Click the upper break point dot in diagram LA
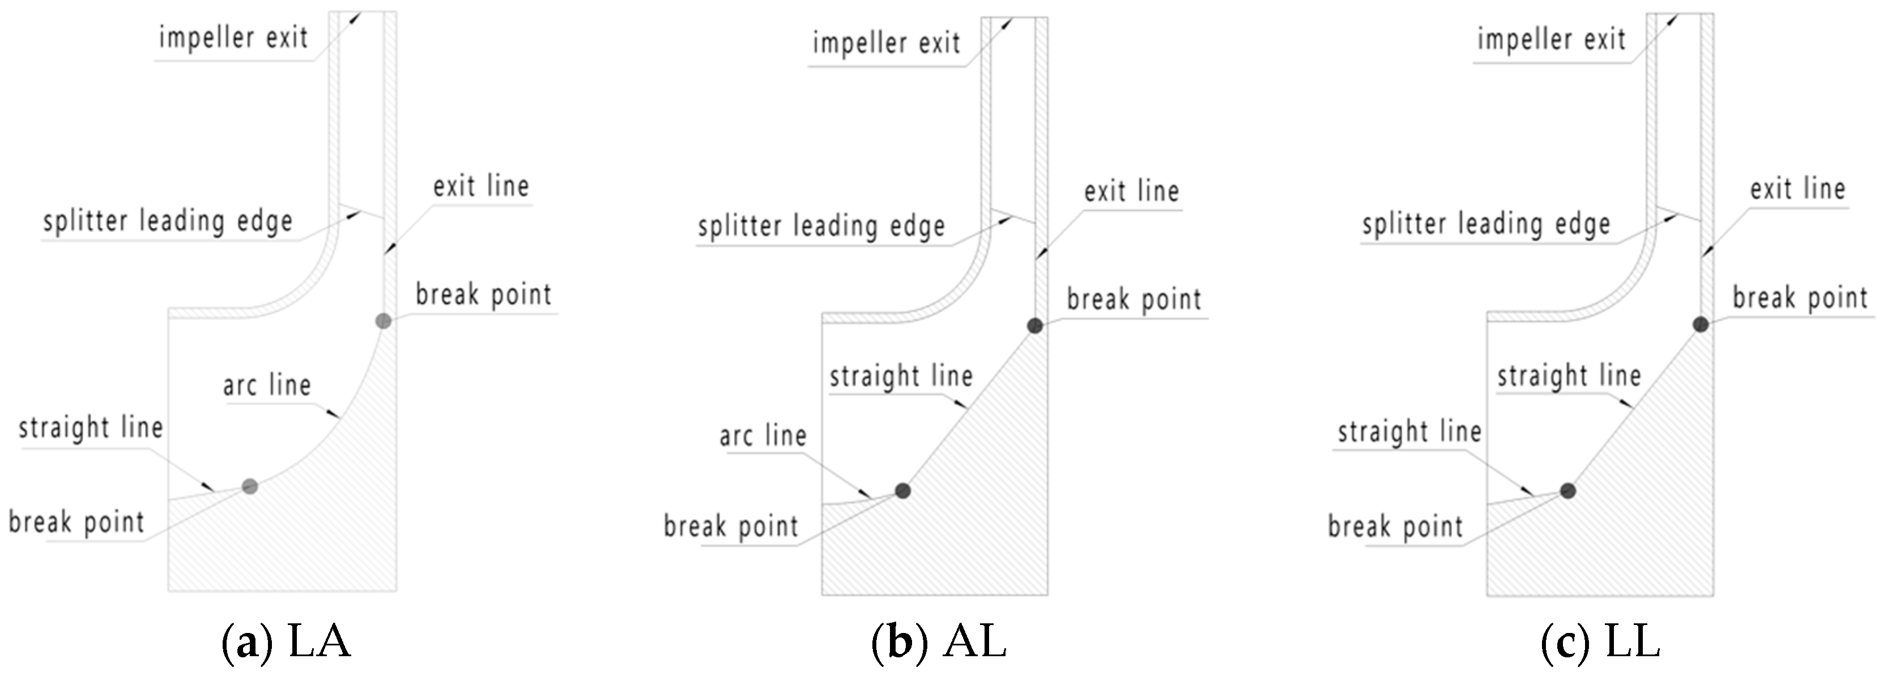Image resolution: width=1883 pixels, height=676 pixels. point(383,321)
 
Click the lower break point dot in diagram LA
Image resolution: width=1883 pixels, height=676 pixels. point(250,486)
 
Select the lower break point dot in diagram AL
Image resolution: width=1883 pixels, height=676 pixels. point(903,490)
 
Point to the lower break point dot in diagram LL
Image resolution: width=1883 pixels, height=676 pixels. point(1568,490)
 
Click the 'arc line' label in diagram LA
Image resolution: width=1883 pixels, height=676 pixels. point(267,385)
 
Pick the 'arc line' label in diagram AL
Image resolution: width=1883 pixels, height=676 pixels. point(763,437)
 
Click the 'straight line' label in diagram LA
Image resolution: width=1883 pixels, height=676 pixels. point(91,427)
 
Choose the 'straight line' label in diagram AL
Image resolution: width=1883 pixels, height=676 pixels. point(901,376)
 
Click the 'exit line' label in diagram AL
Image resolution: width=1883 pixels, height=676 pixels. point(1131,191)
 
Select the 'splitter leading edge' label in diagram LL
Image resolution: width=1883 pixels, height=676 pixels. point(1486,224)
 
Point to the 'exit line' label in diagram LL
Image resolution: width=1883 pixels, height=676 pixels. point(1797,189)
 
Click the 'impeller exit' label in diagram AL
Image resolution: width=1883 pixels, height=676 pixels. point(886,43)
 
